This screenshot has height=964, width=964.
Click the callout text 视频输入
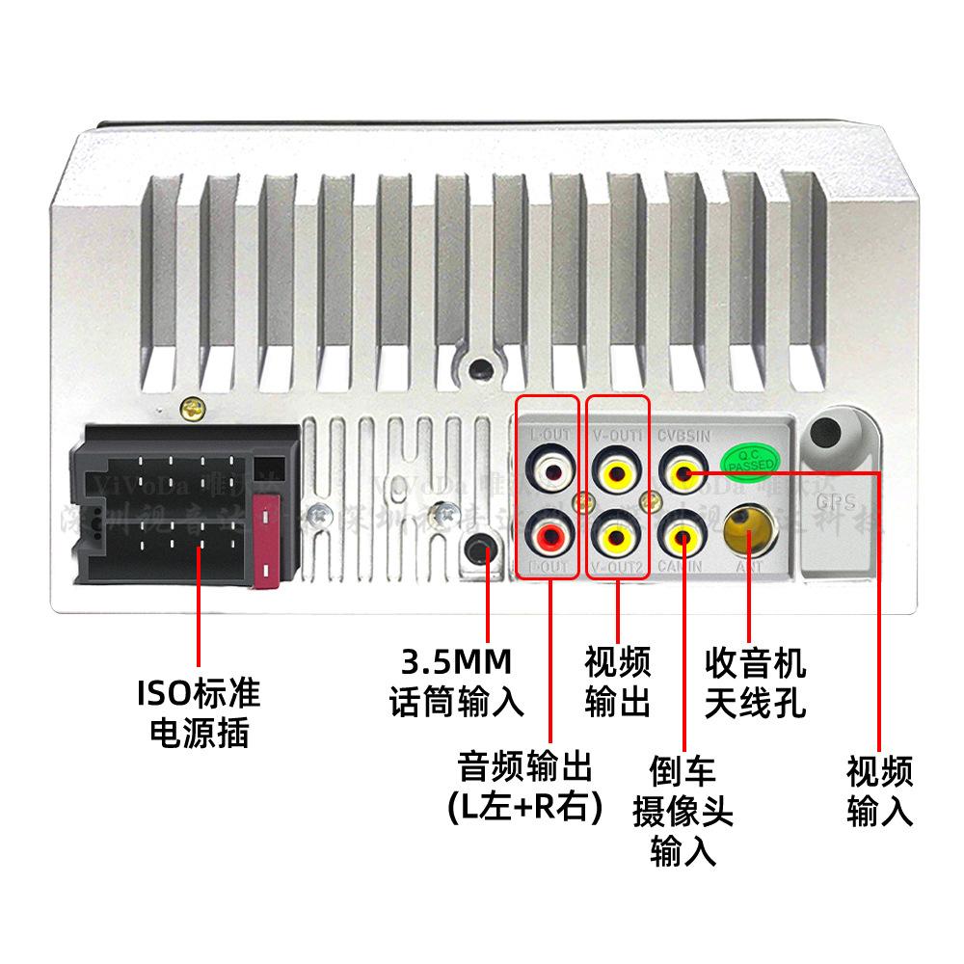[879, 790]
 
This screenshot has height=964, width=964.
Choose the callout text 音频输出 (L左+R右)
[525, 787]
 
